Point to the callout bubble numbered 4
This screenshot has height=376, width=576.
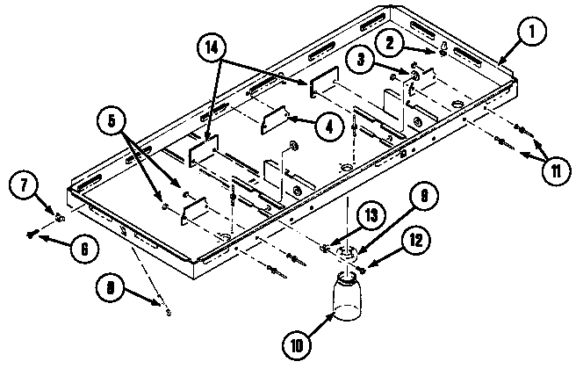[x=328, y=127]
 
